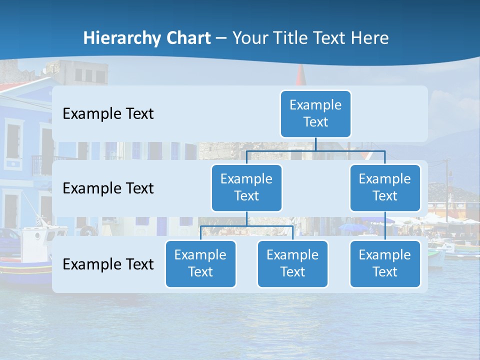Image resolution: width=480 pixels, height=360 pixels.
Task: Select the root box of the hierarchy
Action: pos(315,113)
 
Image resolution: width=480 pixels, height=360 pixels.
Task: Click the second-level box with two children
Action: pos(246,187)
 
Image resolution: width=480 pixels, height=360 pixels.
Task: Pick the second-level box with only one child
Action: pos(385,187)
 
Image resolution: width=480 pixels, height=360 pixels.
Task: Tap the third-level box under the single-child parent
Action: pos(385,263)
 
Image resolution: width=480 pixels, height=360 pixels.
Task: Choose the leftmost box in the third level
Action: pos(200,263)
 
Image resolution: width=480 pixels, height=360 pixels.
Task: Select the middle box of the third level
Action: pos(292,263)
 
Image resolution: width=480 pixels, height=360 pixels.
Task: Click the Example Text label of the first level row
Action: pos(108,114)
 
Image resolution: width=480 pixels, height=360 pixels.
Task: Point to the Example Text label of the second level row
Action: pos(108,188)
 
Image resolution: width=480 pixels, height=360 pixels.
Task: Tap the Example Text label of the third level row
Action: pos(108,264)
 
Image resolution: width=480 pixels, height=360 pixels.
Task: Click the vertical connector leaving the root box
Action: pos(315,144)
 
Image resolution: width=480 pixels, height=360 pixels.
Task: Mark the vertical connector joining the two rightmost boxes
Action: pos(385,226)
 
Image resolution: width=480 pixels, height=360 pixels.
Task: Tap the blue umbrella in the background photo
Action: pos(353,228)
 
